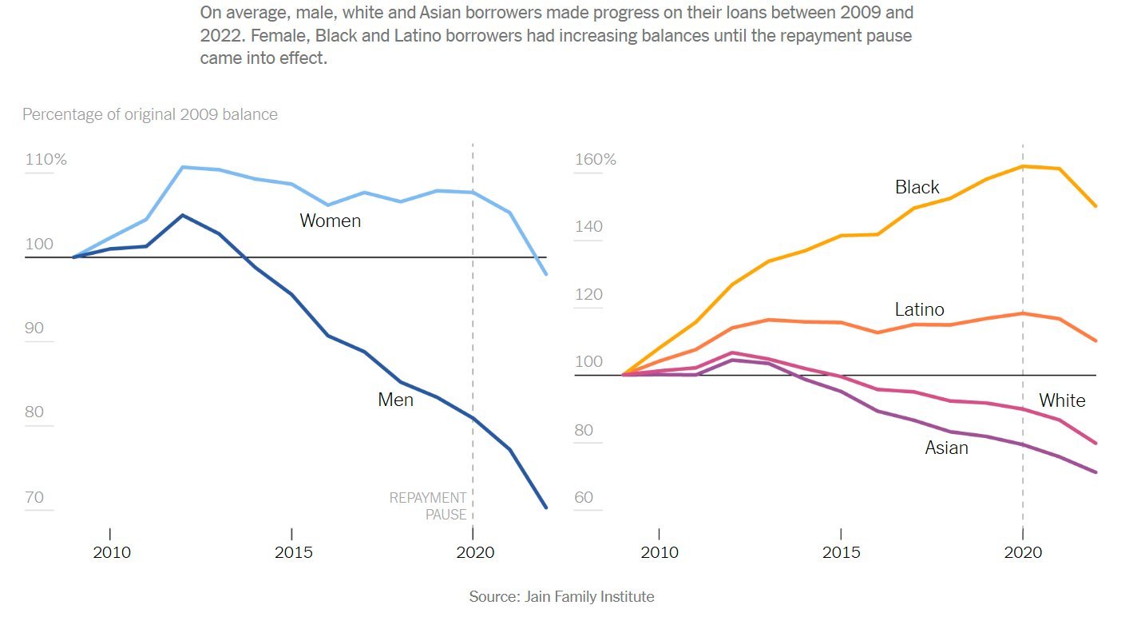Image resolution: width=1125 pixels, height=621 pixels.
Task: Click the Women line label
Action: (330, 221)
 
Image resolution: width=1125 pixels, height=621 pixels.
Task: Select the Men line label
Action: (395, 399)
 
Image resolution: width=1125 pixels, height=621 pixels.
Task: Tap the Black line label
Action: (917, 187)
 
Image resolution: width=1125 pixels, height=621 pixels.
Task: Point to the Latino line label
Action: (919, 309)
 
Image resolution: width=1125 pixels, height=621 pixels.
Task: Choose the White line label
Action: (1061, 400)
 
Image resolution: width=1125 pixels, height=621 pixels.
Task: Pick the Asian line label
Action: (946, 448)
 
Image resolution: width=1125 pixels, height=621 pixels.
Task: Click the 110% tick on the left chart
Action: (46, 159)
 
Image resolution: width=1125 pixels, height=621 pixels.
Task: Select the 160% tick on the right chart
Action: (596, 159)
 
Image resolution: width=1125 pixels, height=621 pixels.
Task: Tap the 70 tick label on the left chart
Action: (34, 498)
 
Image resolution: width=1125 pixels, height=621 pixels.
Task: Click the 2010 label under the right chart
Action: (659, 553)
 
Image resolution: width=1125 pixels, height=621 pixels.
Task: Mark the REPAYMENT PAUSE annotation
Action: (428, 506)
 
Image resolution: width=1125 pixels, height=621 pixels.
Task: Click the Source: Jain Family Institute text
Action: (561, 596)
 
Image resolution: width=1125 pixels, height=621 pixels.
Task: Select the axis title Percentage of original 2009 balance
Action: (150, 114)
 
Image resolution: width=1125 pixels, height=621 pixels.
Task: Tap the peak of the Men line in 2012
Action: (182, 215)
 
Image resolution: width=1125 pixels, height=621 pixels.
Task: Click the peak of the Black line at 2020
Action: (1023, 166)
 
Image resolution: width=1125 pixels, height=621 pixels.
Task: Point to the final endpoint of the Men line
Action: (546, 508)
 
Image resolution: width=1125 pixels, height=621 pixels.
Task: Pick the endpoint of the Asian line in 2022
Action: (1096, 472)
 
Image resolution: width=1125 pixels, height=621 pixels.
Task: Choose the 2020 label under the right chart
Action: (1023, 553)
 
